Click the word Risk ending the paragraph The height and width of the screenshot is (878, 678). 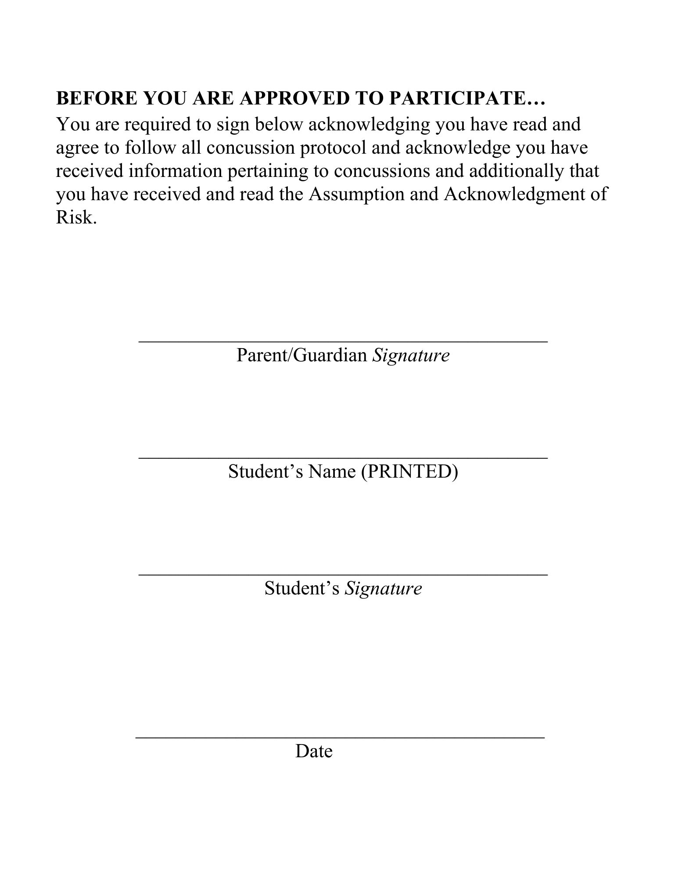(x=74, y=217)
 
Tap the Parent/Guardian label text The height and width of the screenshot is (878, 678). (x=301, y=355)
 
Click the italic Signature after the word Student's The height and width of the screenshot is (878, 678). (x=383, y=588)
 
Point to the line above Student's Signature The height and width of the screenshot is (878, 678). (x=343, y=574)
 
